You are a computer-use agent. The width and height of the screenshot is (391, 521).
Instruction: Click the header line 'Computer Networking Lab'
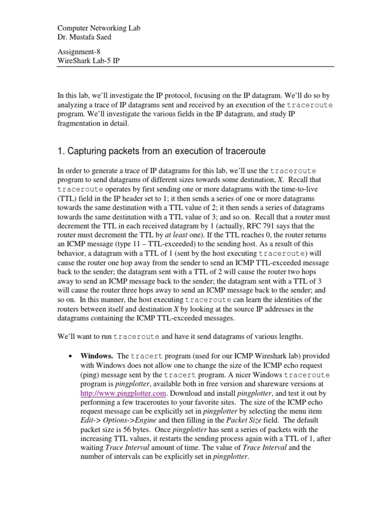tap(97, 28)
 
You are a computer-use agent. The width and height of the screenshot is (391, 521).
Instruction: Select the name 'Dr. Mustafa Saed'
tap(84, 37)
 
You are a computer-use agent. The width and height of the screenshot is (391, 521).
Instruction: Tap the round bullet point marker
tap(70, 357)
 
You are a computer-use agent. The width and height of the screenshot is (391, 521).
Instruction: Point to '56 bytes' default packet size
tap(135, 430)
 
